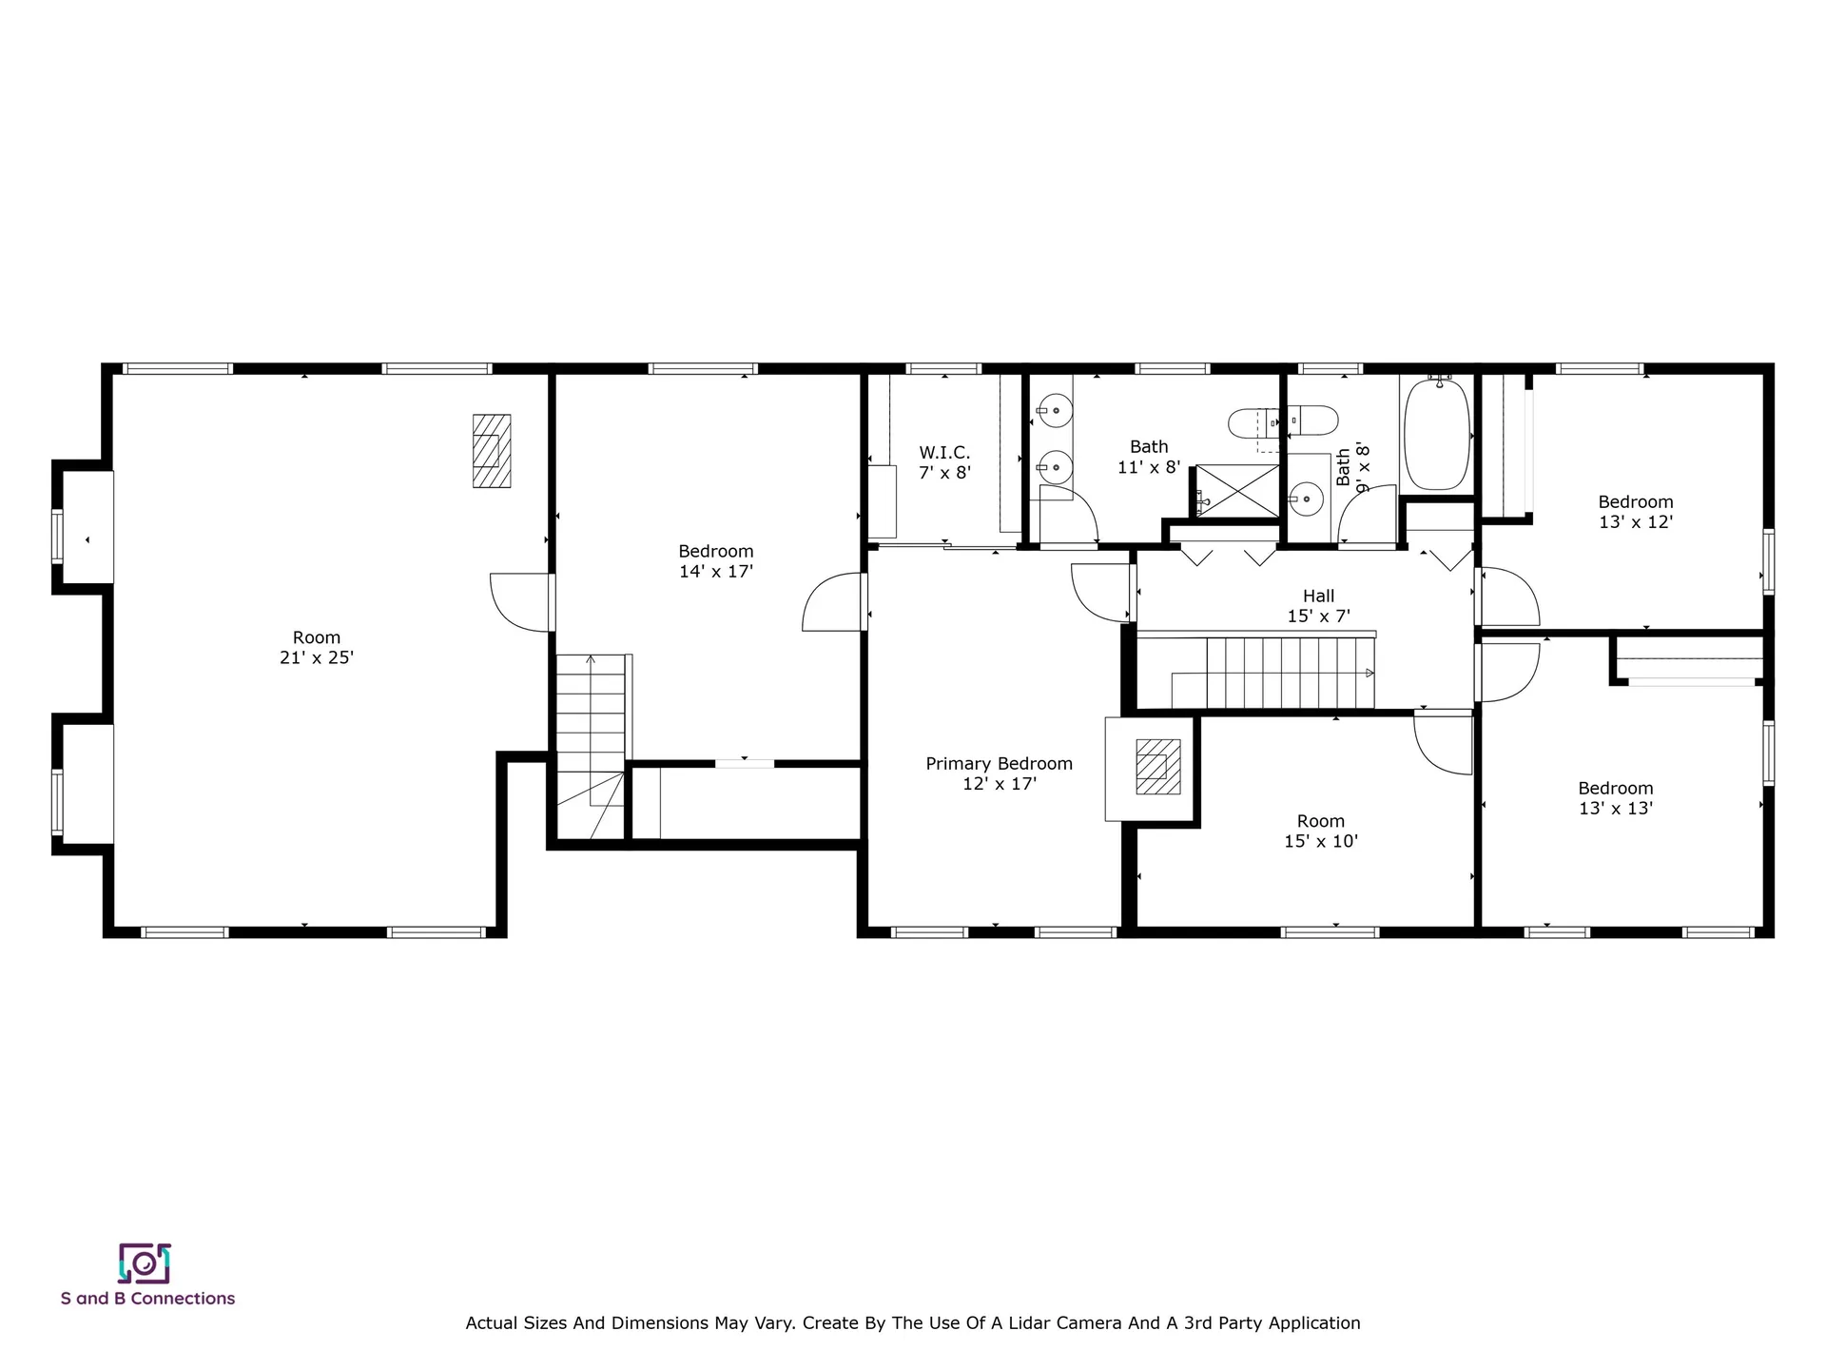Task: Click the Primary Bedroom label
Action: pyautogui.click(x=999, y=763)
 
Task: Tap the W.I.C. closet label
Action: pyautogui.click(x=943, y=453)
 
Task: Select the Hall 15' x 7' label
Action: pyautogui.click(x=1318, y=606)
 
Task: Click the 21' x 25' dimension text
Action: pyautogui.click(x=316, y=657)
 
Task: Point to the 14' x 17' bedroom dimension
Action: pyautogui.click(x=715, y=571)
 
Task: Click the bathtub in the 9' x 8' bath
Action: pyautogui.click(x=1435, y=435)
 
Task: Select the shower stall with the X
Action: pyautogui.click(x=1237, y=490)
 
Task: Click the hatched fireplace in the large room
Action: pyautogui.click(x=492, y=451)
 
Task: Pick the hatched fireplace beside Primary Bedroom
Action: pyautogui.click(x=1157, y=767)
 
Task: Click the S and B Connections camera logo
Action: pyautogui.click(x=144, y=1263)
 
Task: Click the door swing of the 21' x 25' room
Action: pyautogui.click(x=518, y=602)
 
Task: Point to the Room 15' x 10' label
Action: pyautogui.click(x=1320, y=831)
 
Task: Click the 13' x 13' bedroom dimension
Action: pyautogui.click(x=1615, y=808)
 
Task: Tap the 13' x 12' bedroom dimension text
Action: pyautogui.click(x=1635, y=521)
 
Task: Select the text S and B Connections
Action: pyautogui.click(x=147, y=1298)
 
